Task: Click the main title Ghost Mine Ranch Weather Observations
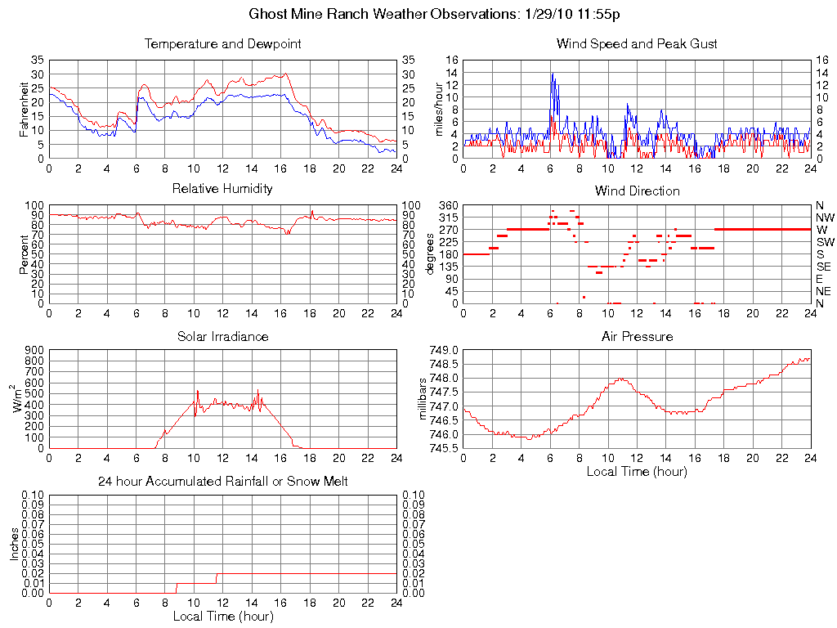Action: (433, 15)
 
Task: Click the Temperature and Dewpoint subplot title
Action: (222, 44)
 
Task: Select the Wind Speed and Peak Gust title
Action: (637, 44)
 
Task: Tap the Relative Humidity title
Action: (222, 189)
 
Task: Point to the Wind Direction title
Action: (637, 191)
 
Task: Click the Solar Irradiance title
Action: (222, 336)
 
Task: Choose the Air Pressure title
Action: (637, 336)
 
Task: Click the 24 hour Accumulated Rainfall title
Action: (222, 482)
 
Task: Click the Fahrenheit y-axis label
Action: (24, 109)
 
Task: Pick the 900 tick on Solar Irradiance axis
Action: (33, 350)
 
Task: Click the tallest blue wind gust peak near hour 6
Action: (553, 74)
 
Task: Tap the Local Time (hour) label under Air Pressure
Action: (637, 471)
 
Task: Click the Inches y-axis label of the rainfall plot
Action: (14, 544)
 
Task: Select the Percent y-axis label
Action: (24, 253)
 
